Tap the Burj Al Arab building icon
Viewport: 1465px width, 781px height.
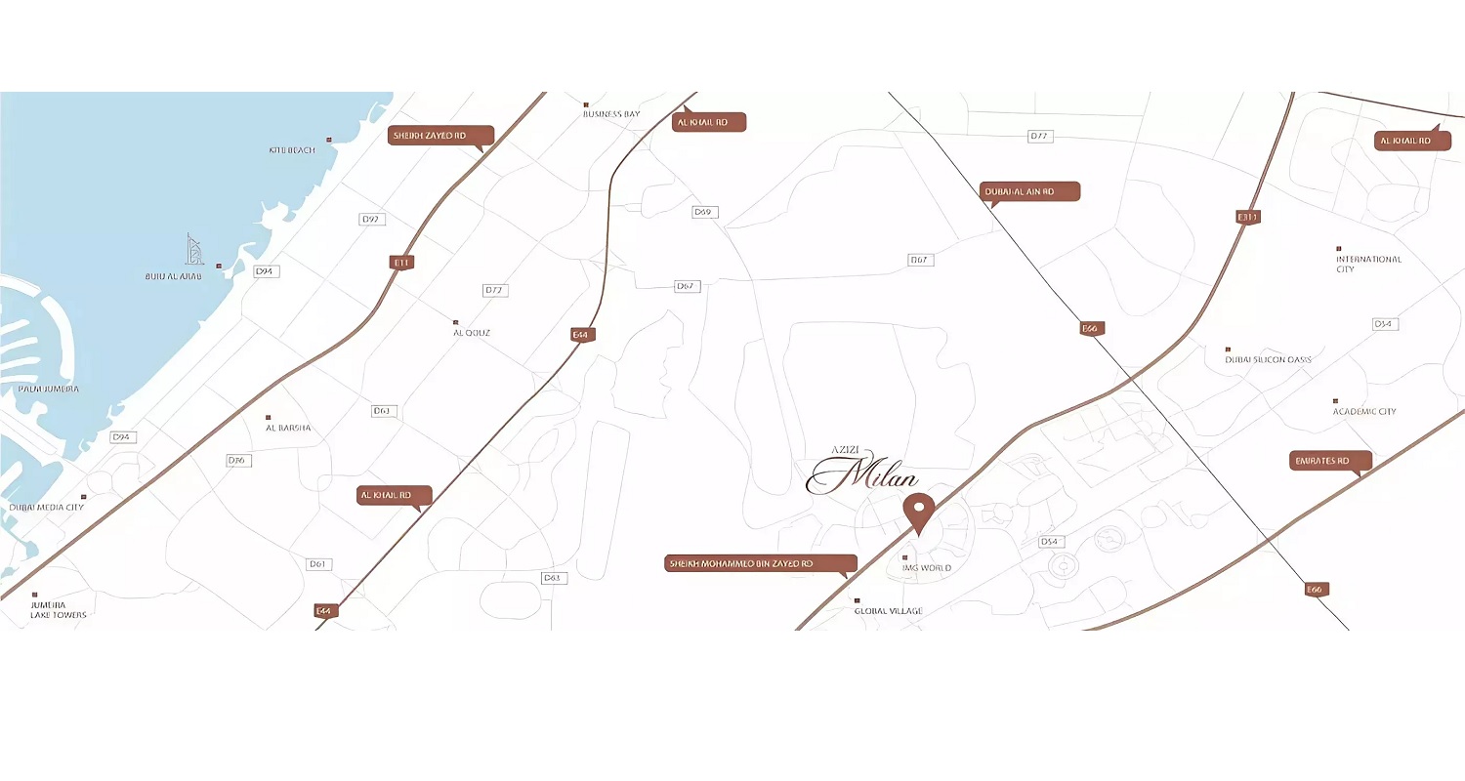195,250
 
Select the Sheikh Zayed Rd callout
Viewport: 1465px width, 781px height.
440,135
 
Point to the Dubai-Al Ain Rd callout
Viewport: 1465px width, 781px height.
1029,191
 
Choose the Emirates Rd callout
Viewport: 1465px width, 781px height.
1330,460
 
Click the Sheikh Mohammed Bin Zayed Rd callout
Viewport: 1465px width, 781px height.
760,563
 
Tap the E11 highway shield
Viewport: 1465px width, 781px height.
401,262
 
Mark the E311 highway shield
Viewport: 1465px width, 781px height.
1247,217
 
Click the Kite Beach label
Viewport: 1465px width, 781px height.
292,150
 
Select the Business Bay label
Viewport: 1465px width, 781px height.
610,114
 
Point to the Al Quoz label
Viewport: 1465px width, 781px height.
471,333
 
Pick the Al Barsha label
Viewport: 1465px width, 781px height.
288,428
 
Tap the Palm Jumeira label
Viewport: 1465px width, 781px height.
48,389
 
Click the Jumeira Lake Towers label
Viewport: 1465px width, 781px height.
59,610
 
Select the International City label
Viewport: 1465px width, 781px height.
1368,264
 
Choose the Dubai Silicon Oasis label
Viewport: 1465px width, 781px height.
1268,359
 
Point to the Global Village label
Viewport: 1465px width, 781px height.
888,611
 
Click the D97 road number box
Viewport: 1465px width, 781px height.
370,220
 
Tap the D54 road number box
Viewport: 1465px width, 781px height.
1049,541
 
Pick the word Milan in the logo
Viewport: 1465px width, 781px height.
878,477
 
